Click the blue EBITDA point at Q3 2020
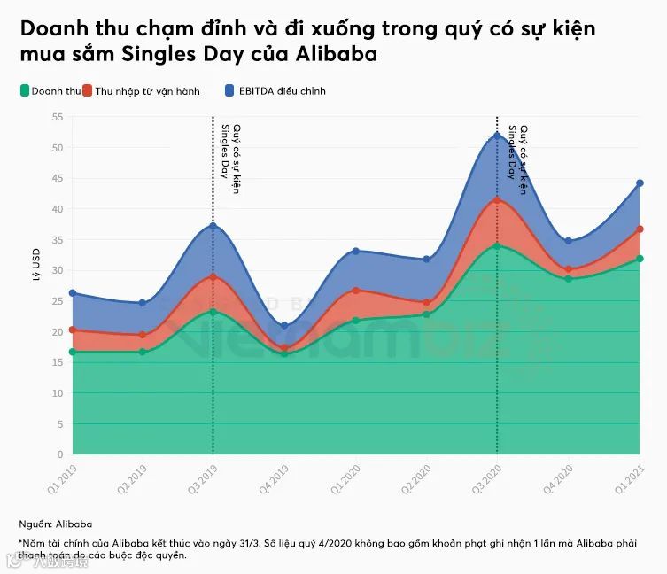coord(497,135)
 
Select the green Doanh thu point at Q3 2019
coord(213,312)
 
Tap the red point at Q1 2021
coord(639,229)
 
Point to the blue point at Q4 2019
coord(284,326)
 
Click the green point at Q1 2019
coord(73,352)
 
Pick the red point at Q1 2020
coord(355,291)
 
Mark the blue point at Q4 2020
coord(568,241)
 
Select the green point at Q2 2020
coord(426,314)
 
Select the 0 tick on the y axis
coord(58,454)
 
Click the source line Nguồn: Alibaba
coord(55,524)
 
